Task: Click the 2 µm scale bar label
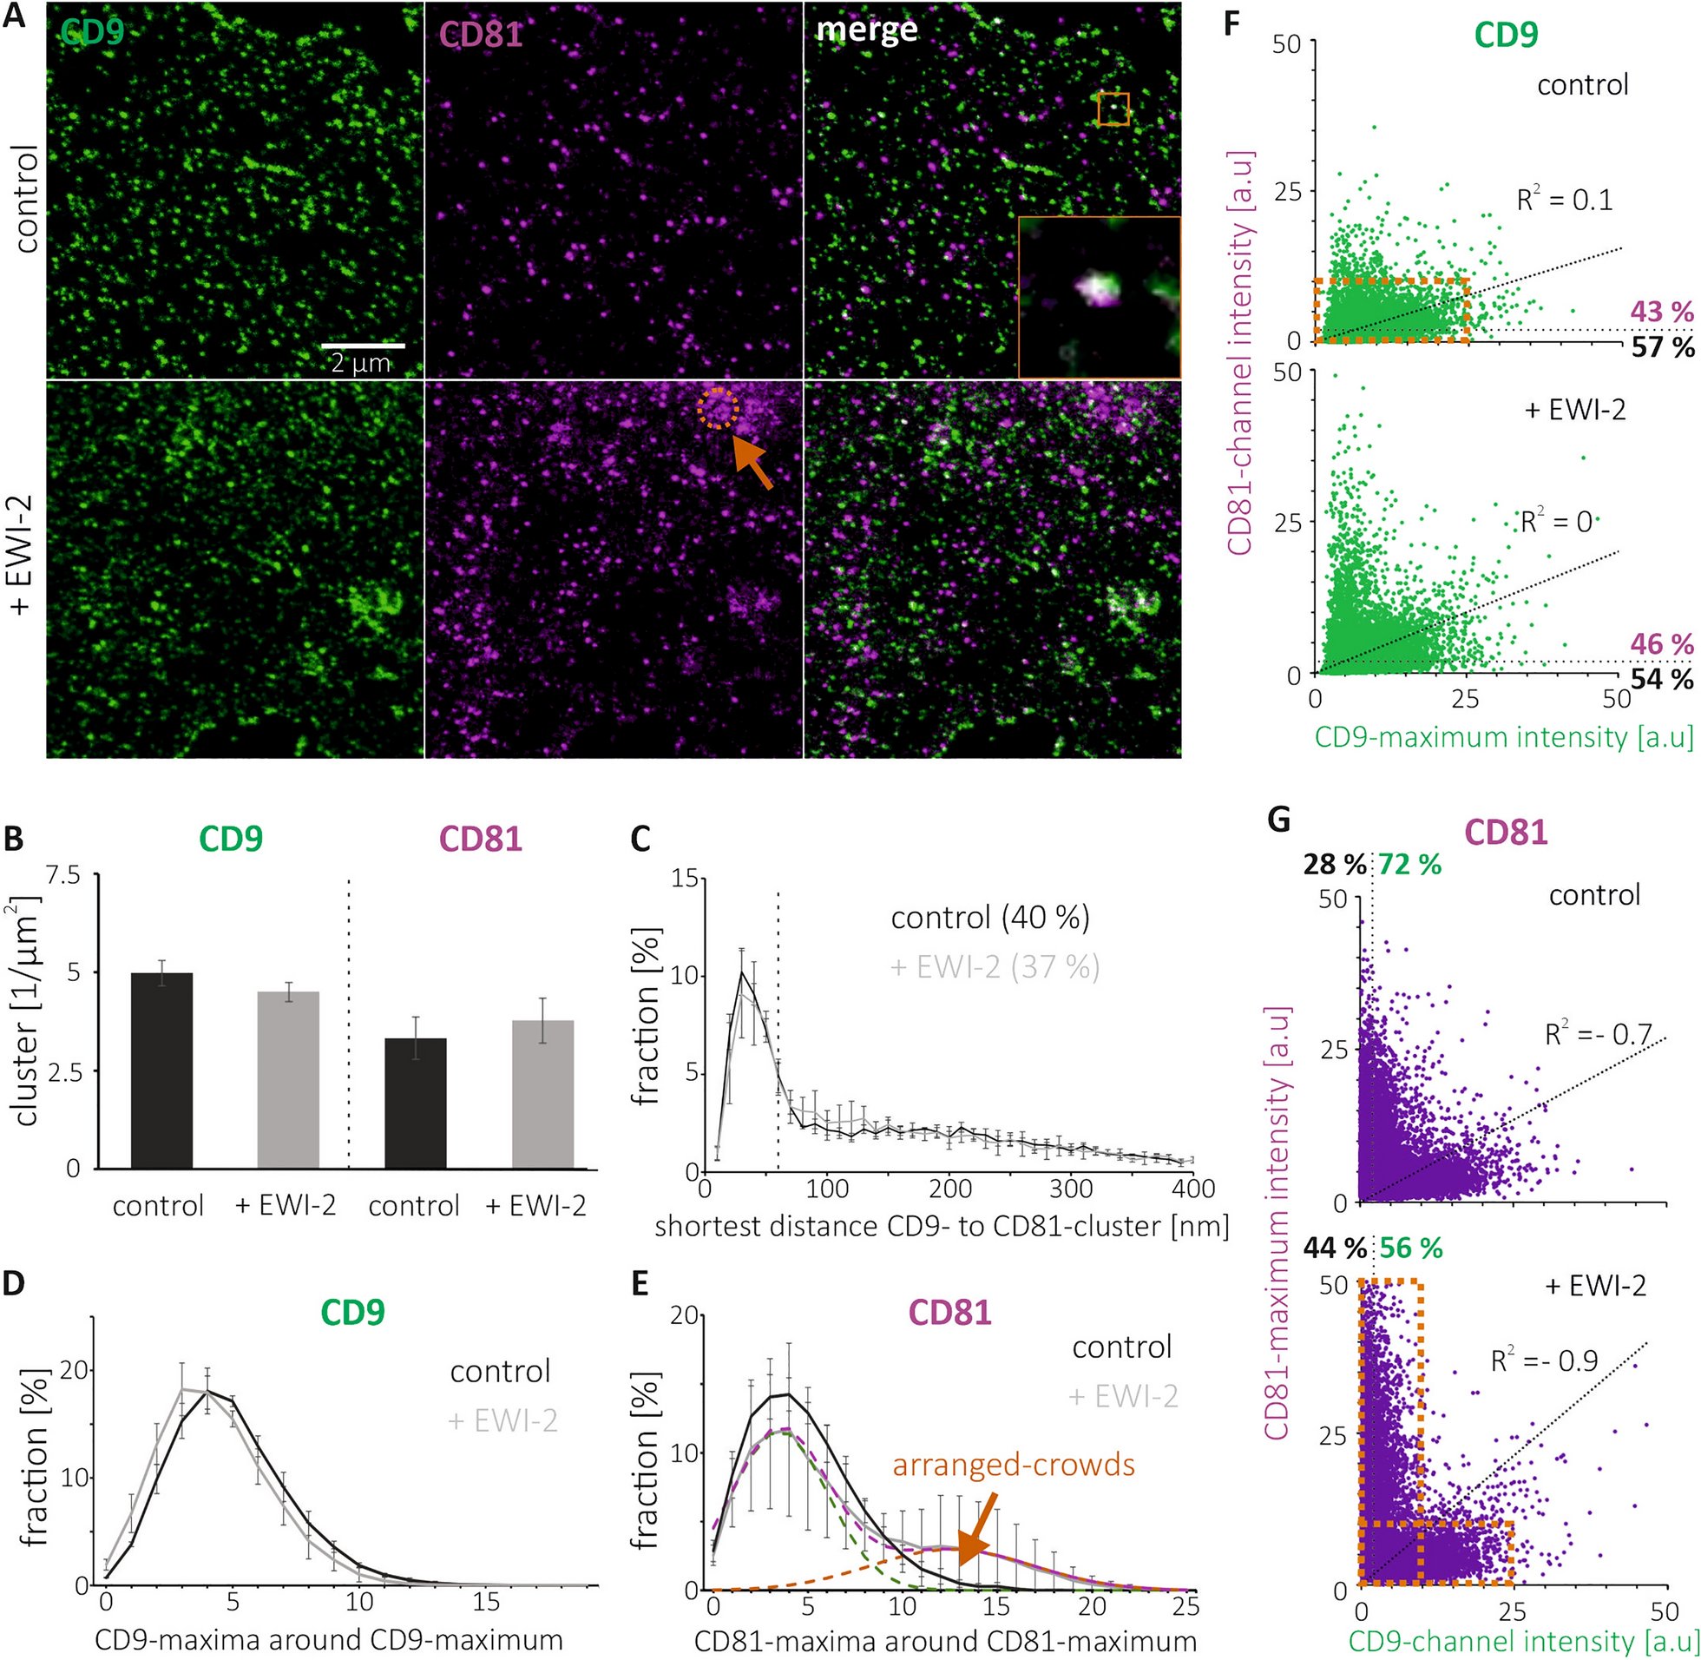(x=360, y=363)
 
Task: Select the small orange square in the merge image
(x=1113, y=110)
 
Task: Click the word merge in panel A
(x=866, y=30)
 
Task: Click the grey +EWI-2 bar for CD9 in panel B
(x=288, y=1079)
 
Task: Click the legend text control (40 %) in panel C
(x=990, y=917)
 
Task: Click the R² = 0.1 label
(x=1564, y=200)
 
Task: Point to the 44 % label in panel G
(x=1334, y=1248)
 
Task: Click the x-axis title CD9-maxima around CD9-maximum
(x=328, y=1639)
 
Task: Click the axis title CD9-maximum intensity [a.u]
(x=1502, y=738)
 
